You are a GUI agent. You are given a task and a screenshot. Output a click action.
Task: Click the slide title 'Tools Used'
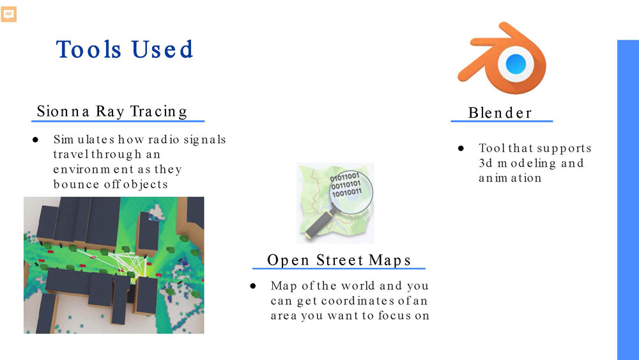point(125,50)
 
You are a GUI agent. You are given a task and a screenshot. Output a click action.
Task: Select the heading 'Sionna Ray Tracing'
point(112,111)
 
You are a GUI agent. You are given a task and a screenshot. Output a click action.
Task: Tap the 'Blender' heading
point(500,113)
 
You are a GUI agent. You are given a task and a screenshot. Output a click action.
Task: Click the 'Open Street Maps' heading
point(339,260)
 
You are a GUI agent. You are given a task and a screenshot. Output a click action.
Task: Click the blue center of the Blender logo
point(515,63)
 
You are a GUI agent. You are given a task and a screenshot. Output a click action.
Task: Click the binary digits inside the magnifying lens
point(346,184)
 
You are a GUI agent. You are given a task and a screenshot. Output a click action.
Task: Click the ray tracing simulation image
point(114,265)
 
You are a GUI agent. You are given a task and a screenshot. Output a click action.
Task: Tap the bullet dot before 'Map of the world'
point(253,286)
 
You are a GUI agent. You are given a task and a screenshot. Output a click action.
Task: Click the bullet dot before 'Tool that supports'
point(461,148)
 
